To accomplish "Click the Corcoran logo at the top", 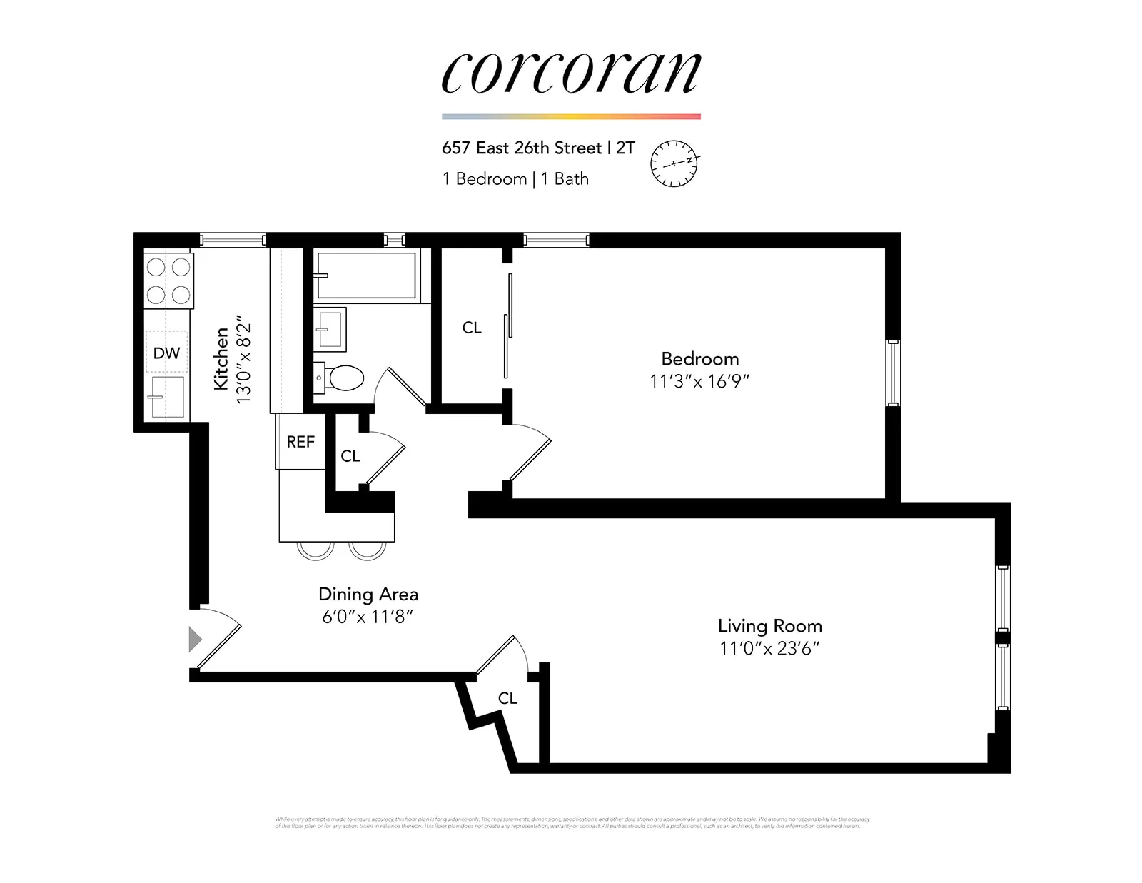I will pyautogui.click(x=571, y=73).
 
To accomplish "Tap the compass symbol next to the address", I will pyautogui.click(x=674, y=163).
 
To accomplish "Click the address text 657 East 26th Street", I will pyautogui.click(x=522, y=148).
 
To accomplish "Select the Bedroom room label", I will pyautogui.click(x=699, y=358).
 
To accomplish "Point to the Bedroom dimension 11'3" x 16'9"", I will pyautogui.click(x=699, y=381).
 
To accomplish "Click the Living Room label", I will pyautogui.click(x=769, y=626).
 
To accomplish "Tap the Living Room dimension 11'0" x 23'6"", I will pyautogui.click(x=769, y=649).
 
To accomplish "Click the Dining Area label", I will pyautogui.click(x=368, y=594).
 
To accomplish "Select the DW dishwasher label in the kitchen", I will pyautogui.click(x=166, y=353).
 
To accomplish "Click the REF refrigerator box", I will pyautogui.click(x=300, y=442).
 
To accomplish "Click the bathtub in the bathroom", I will pyautogui.click(x=366, y=276).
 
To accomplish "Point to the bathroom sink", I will pyautogui.click(x=330, y=329).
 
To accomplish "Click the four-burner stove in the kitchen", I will pyautogui.click(x=168, y=281).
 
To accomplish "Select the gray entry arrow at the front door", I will pyautogui.click(x=195, y=639).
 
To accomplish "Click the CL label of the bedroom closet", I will pyautogui.click(x=472, y=328).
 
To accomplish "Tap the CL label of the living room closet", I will pyautogui.click(x=507, y=698).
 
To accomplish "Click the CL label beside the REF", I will pyautogui.click(x=350, y=456).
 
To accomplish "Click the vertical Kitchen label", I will pyautogui.click(x=221, y=358).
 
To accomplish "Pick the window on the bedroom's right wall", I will pyautogui.click(x=893, y=373).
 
